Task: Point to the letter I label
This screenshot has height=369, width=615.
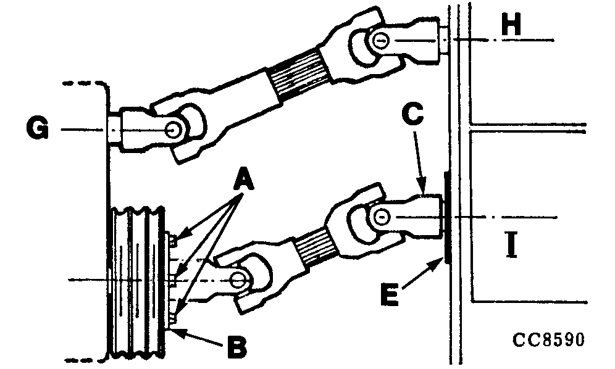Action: click(x=510, y=245)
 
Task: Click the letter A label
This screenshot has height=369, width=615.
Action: click(x=242, y=181)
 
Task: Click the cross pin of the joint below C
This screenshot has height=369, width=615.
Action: click(x=381, y=216)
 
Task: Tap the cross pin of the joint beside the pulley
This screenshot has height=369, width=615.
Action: click(x=237, y=280)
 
